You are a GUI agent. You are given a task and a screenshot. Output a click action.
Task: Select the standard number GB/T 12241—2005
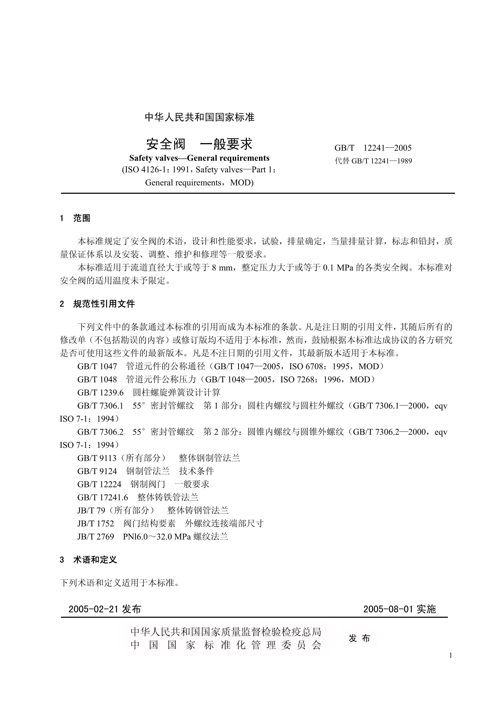pos(373,148)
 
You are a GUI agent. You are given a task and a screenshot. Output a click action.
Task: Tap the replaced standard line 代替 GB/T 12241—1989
pos(373,161)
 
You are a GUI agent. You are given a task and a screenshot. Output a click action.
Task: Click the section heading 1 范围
pos(75,218)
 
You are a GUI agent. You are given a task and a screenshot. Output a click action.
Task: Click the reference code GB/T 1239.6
pos(100,393)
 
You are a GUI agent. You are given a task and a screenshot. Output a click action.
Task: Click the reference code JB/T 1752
pos(96,523)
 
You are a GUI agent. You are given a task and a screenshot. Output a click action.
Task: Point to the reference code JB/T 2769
pos(96,536)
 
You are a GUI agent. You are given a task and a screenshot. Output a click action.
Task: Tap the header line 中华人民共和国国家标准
pos(200,117)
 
